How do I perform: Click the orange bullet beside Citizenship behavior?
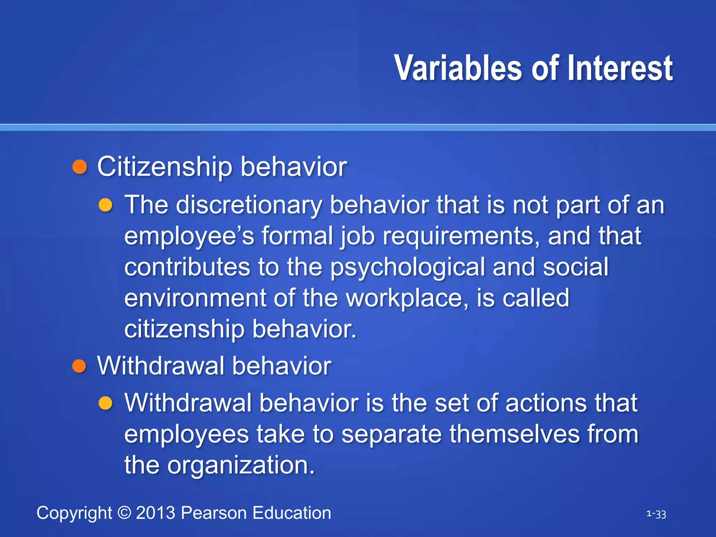(79, 167)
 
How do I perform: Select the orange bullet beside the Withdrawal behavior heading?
(79, 366)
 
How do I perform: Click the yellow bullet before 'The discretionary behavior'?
(105, 205)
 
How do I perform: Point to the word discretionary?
(248, 205)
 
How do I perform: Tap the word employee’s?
(189, 236)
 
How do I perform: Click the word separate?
(391, 434)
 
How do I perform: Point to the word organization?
(241, 465)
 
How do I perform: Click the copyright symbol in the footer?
(124, 513)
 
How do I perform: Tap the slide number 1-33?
(656, 514)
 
